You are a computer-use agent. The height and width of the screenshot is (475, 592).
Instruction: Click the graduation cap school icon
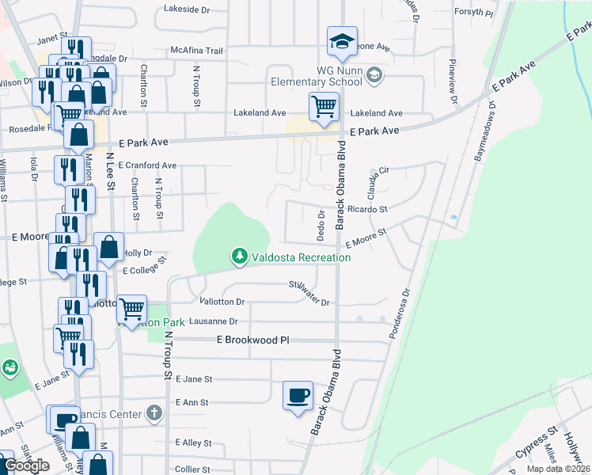click(x=342, y=41)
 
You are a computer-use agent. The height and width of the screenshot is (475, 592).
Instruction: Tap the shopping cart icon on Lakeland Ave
click(x=323, y=105)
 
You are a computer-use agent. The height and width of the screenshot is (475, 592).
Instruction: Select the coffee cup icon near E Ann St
click(x=298, y=395)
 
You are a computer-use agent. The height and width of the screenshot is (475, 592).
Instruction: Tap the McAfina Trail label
click(x=196, y=50)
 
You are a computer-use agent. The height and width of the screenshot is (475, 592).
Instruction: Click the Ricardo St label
click(x=366, y=210)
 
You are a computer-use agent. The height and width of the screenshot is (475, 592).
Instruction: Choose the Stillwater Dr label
click(x=309, y=294)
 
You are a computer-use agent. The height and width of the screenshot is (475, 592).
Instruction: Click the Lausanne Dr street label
click(x=211, y=321)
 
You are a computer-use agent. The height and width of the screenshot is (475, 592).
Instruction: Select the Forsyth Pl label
click(x=474, y=13)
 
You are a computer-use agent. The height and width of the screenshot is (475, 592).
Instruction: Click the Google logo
click(x=26, y=465)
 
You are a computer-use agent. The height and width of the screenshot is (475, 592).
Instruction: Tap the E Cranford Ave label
click(x=147, y=165)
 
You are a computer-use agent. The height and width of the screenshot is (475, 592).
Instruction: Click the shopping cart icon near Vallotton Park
click(x=131, y=308)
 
